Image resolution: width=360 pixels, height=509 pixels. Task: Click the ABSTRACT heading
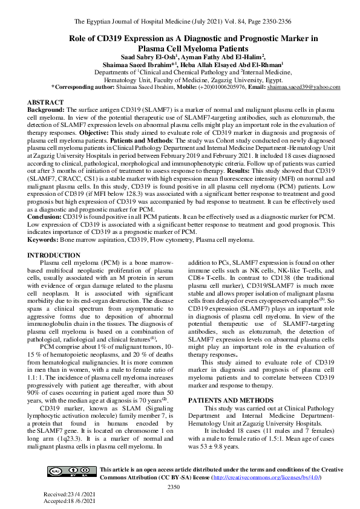45,103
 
